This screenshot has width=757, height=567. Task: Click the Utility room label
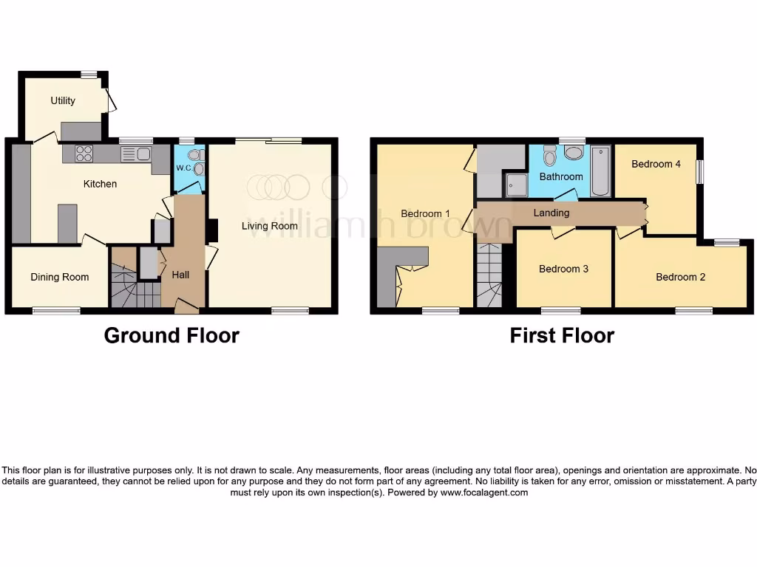point(63,100)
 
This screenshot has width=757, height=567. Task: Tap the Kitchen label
point(100,184)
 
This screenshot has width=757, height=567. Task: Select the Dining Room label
point(60,277)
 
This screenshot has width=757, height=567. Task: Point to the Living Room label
point(270,226)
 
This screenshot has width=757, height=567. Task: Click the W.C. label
point(183,168)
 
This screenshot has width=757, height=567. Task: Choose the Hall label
point(180,275)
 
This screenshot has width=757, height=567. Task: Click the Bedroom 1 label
point(425,214)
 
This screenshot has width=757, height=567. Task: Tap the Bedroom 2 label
point(680,277)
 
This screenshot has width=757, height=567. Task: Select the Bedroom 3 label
point(563,269)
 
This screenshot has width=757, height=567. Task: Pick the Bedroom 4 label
point(656,164)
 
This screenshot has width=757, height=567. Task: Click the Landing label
point(551,213)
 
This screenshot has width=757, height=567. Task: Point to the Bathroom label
point(560,176)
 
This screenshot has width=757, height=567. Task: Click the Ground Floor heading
point(172,336)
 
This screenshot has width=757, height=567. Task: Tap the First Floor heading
point(562,336)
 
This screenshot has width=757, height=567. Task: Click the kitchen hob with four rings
point(84,154)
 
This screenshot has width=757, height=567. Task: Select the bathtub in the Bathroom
point(600,171)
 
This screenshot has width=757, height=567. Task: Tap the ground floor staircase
point(135,284)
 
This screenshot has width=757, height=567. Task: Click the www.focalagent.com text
point(483,492)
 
